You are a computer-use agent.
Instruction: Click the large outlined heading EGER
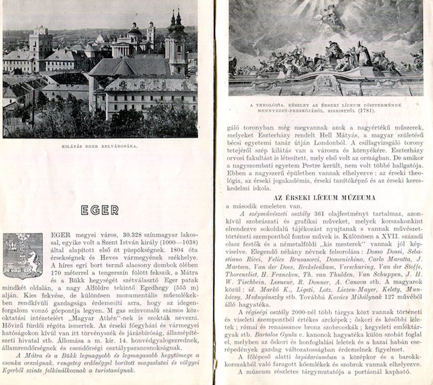(x=100, y=210)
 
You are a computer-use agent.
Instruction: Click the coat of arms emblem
(x=23, y=256)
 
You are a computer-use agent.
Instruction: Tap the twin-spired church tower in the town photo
(x=176, y=43)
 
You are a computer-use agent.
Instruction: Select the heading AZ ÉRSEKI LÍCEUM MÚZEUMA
(x=324, y=198)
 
